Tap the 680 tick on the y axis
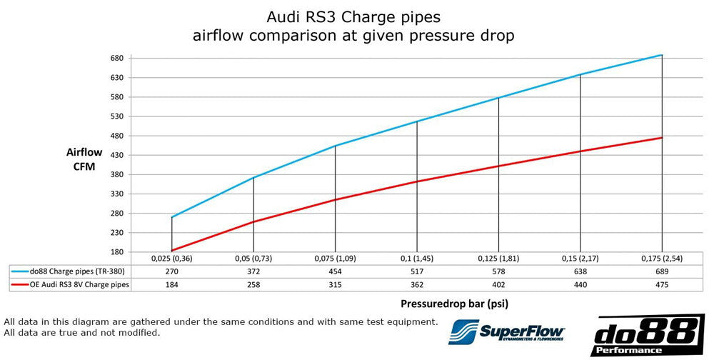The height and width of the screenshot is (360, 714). (x=117, y=58)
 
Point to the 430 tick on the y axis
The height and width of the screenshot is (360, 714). (x=117, y=155)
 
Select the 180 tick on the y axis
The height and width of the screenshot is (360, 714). (x=117, y=252)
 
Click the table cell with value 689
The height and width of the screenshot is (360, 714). (x=662, y=271)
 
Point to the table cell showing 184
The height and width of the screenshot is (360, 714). (x=171, y=284)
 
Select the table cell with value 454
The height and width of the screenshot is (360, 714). (x=335, y=271)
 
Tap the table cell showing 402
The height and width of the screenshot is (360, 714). (x=498, y=284)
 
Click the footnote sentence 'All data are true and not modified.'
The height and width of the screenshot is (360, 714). (x=82, y=333)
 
